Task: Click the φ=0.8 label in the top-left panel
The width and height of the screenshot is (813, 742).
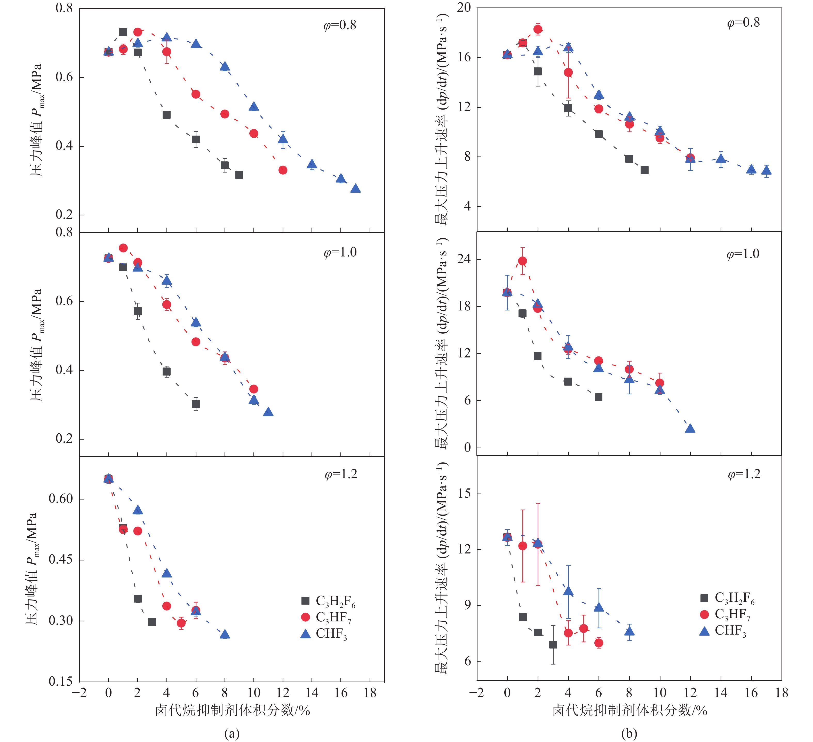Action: click(x=340, y=25)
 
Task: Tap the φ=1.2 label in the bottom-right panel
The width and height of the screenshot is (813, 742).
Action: click(x=744, y=474)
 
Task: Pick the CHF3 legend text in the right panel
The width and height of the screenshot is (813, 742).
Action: click(x=730, y=631)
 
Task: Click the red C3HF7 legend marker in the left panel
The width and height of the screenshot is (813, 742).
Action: click(x=305, y=617)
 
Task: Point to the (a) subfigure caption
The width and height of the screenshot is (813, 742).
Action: click(x=232, y=733)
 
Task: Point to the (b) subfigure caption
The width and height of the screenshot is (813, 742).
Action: click(x=629, y=733)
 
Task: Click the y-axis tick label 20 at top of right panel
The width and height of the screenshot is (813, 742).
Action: click(x=464, y=8)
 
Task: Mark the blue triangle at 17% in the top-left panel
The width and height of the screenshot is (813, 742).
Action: click(x=355, y=189)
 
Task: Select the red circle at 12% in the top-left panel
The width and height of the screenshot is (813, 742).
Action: click(x=283, y=170)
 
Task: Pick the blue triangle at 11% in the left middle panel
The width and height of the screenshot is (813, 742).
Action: click(x=268, y=412)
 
